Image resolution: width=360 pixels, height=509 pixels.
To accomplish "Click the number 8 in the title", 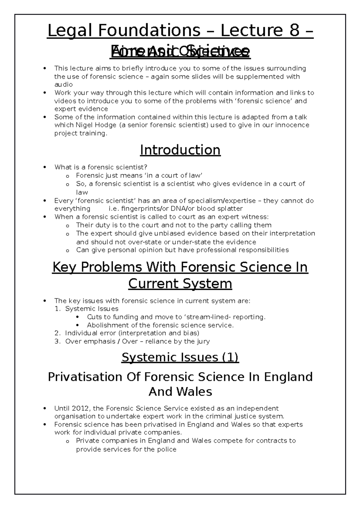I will point(292,31).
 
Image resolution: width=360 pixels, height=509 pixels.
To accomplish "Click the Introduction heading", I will point(180,150).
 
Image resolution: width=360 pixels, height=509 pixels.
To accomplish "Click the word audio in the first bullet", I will point(63,85).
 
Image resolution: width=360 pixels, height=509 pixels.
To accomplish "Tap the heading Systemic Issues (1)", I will point(180,357).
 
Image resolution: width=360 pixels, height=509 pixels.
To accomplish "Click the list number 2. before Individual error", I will point(58,333).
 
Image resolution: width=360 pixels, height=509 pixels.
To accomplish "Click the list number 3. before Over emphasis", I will point(58,341).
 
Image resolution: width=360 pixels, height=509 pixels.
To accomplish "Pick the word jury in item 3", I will point(203,341).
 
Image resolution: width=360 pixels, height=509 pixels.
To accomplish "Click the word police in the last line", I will point(166,449).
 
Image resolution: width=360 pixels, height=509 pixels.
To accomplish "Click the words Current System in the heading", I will point(180,284).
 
